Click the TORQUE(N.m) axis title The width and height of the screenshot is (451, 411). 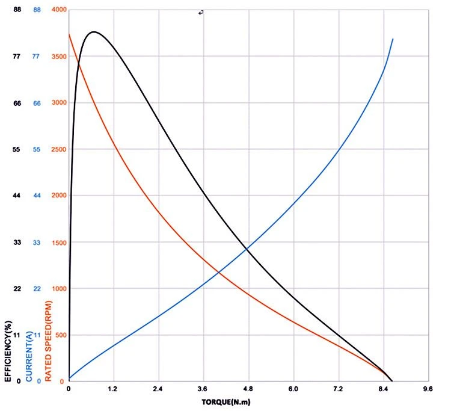226,402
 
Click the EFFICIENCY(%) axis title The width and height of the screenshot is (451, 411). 8,351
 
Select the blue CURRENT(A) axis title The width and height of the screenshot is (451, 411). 29,356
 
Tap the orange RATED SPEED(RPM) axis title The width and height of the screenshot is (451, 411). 48,341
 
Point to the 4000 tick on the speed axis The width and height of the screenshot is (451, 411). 59,10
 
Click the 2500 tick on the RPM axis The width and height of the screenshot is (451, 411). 59,149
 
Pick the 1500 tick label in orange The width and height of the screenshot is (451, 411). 59,243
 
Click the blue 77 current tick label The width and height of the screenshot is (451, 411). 36,56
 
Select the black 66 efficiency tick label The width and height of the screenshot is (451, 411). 17,103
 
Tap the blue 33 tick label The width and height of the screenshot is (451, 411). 37,243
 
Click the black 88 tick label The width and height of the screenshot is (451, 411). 17,10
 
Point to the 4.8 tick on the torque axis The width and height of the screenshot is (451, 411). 248,389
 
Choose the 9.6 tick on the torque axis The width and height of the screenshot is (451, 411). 428,389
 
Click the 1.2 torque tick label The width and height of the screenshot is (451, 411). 112,389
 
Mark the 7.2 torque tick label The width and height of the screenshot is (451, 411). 338,389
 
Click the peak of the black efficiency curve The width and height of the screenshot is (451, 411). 94,32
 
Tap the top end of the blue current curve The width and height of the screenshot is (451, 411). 393,39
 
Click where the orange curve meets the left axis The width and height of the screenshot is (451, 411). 69,34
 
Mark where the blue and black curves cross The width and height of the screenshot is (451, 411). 247,249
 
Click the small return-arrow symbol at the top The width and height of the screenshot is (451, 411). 201,13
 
